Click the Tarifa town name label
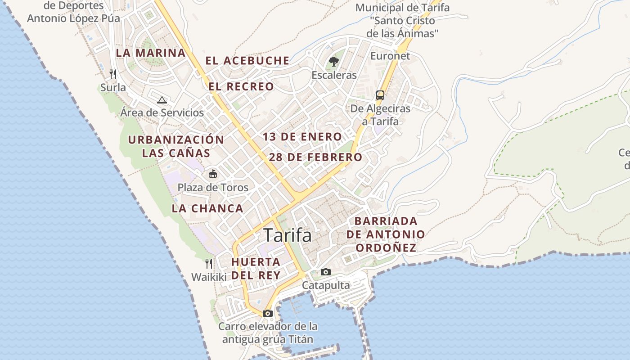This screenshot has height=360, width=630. click(x=287, y=235)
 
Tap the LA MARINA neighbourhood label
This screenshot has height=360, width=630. click(x=151, y=53)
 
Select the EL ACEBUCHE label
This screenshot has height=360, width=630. click(x=247, y=61)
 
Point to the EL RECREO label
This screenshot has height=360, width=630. click(x=241, y=86)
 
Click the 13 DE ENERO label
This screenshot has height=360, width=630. click(x=302, y=137)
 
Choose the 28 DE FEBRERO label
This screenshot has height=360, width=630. click(x=315, y=157)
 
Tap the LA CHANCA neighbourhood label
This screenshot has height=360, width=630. click(x=207, y=208)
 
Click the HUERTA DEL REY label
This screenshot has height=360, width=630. click(x=256, y=268)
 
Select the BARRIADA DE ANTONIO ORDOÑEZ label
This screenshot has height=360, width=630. click(x=386, y=234)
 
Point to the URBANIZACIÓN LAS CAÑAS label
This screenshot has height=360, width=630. click(x=176, y=146)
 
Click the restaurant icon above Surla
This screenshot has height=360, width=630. click(x=113, y=74)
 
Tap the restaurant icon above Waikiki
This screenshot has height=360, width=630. click(x=209, y=264)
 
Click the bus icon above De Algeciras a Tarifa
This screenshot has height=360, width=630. click(x=380, y=95)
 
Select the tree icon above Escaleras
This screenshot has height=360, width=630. click(x=333, y=61)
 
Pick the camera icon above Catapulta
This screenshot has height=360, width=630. click(x=325, y=272)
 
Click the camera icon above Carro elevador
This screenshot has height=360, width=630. click(x=268, y=313)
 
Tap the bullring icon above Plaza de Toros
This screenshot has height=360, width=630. click(x=212, y=174)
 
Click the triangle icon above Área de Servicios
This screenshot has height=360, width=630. click(x=162, y=100)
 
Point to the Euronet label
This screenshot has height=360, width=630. click(x=390, y=56)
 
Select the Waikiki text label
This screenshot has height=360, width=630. click(x=209, y=277)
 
